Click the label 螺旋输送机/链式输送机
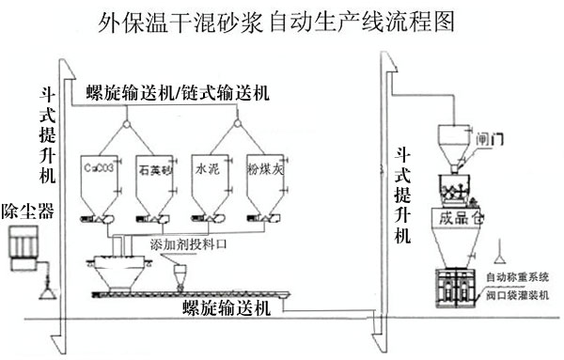pyautogui.click(x=177, y=93)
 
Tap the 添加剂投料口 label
pyautogui.click(x=188, y=243)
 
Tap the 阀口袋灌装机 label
pyautogui.click(x=518, y=294)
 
